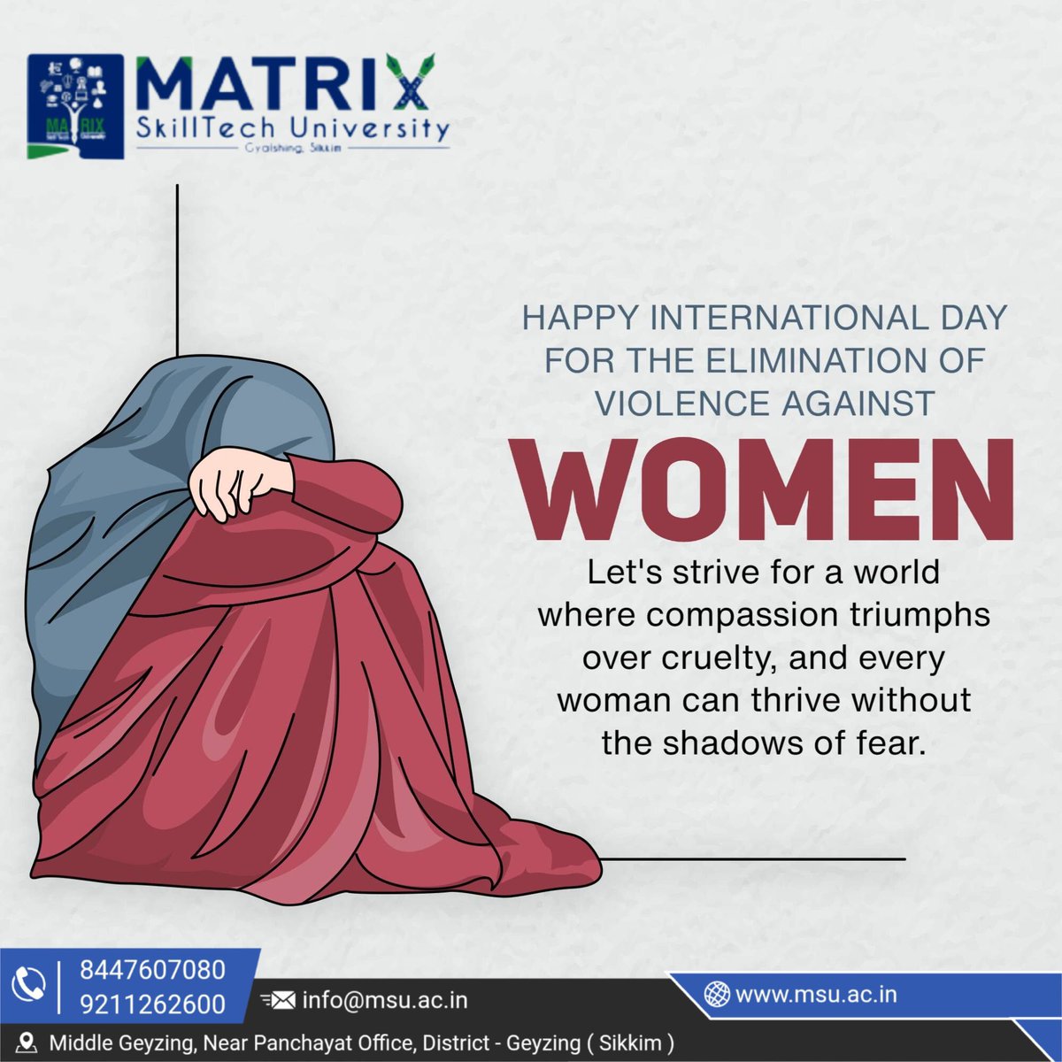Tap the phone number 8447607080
coord(152,970)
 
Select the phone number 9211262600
coord(152,1004)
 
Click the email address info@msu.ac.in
coord(385,1000)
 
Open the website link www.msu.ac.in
coord(816,994)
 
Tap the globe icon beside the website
coord(716,995)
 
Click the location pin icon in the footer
coord(27,1043)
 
